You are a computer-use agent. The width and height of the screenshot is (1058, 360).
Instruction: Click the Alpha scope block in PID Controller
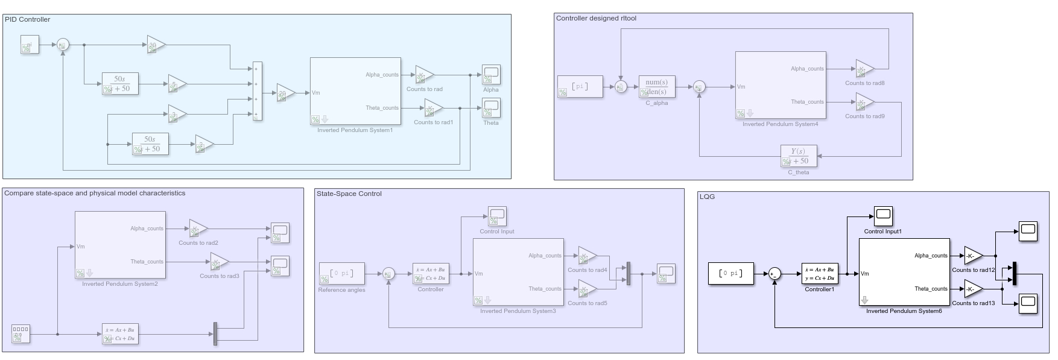[x=491, y=75]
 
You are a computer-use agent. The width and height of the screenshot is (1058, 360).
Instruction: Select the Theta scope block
[x=491, y=108]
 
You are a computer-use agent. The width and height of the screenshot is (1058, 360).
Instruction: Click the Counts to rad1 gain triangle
[x=432, y=109]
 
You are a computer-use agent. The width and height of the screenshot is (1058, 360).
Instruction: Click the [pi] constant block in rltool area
[x=580, y=87]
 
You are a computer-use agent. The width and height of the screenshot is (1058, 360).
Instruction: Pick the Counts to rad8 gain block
[x=864, y=69]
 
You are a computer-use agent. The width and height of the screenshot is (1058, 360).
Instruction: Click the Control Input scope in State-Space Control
[x=497, y=216]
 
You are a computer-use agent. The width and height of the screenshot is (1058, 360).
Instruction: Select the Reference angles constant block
[x=341, y=274]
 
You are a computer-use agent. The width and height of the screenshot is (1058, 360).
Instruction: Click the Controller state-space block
[x=431, y=274]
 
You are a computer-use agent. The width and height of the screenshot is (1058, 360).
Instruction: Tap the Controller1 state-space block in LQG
[x=820, y=274]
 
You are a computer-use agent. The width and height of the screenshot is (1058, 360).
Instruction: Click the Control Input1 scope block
[x=882, y=216]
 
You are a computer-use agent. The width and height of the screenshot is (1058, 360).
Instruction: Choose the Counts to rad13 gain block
[x=972, y=289]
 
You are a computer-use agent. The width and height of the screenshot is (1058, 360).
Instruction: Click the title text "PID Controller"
[x=27, y=19]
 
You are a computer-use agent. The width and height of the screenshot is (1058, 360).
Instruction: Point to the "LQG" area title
[x=707, y=197]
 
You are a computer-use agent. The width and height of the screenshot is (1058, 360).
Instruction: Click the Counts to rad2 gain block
[x=197, y=229]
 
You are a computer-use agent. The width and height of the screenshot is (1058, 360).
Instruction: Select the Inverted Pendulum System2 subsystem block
[x=119, y=244]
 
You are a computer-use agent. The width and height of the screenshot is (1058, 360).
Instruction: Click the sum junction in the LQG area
[x=774, y=274]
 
